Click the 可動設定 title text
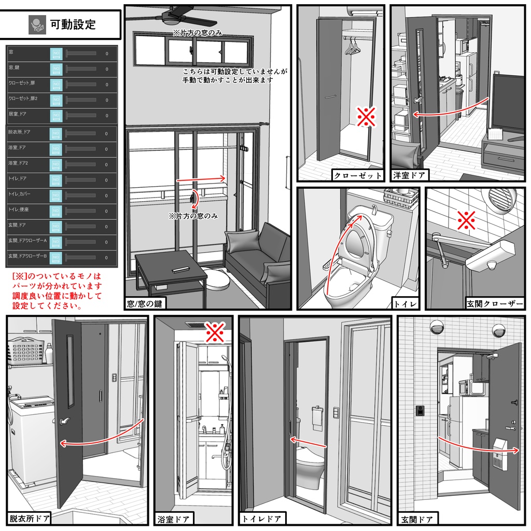(x=73, y=24)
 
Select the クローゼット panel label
(x=358, y=175)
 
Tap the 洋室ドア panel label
(x=409, y=175)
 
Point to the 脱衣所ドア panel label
(x=30, y=518)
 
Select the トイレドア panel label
(x=262, y=518)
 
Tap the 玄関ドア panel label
(x=417, y=518)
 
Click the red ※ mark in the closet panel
(x=366, y=118)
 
